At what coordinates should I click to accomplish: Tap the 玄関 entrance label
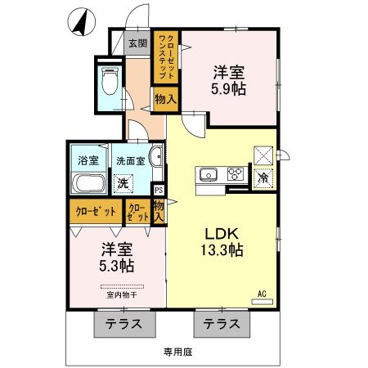point(137,43)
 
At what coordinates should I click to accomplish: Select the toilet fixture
point(109,80)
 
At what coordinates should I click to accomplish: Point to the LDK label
point(222,233)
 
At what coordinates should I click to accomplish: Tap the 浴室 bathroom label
point(84,161)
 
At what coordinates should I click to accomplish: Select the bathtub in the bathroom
point(84,183)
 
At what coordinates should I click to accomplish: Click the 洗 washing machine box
point(122,183)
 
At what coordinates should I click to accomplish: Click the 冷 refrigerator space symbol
point(264,177)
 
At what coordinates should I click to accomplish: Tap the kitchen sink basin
point(207,173)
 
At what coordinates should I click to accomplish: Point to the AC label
point(263,293)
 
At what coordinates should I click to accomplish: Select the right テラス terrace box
point(222,324)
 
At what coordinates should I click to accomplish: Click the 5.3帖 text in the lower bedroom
point(118,266)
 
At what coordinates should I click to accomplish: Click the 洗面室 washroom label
point(129,161)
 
